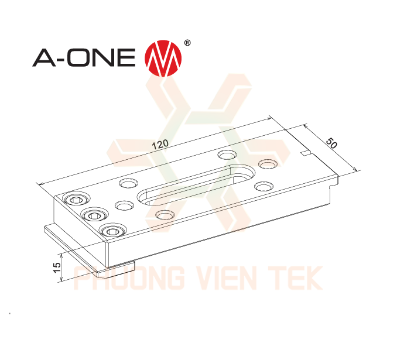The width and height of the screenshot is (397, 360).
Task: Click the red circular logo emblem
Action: click(163, 58)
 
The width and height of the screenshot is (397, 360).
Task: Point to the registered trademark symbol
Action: click(187, 43)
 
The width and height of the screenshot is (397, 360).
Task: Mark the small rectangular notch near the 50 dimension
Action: click(304, 153)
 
